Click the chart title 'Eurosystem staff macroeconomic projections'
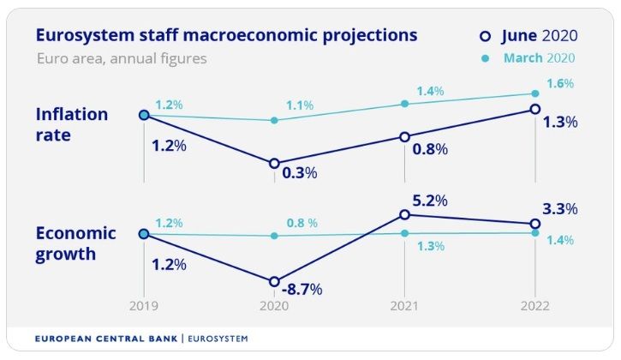(x=226, y=36)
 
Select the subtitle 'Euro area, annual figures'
(x=122, y=59)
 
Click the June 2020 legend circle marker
(x=485, y=36)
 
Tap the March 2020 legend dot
(x=485, y=58)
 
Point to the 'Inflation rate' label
(x=72, y=125)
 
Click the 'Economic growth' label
(x=75, y=243)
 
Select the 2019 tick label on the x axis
(x=143, y=306)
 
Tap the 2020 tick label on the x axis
(x=274, y=306)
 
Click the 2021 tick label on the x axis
(x=404, y=306)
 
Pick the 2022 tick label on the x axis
(x=535, y=306)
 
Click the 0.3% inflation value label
(x=300, y=172)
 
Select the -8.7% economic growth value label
(x=303, y=290)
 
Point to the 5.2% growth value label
(x=430, y=202)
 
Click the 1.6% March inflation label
(x=559, y=84)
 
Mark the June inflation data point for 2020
(x=274, y=163)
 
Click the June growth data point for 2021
(x=405, y=215)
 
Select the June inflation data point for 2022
(x=535, y=109)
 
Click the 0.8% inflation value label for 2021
(x=430, y=149)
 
